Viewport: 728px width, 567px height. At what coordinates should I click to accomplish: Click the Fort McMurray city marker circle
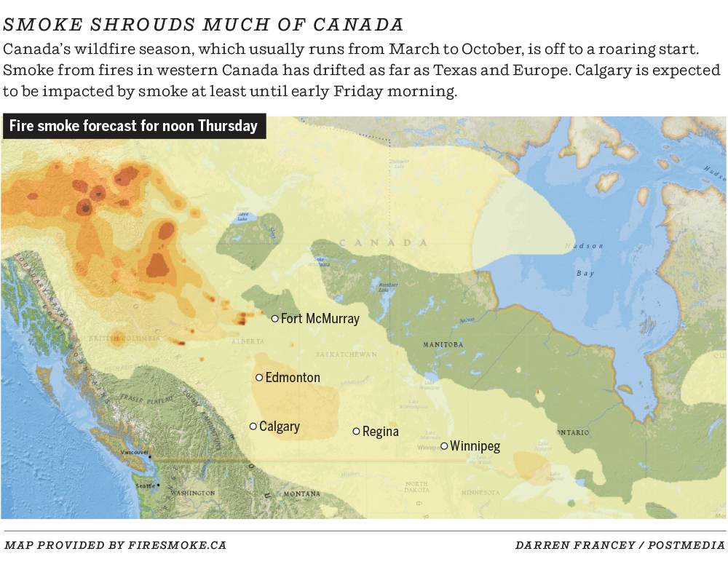coord(274,318)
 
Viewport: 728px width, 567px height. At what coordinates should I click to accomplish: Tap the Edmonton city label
coord(293,378)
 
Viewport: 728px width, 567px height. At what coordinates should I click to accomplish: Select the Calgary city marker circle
coord(253,426)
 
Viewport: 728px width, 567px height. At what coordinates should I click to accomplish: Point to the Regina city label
coord(381,432)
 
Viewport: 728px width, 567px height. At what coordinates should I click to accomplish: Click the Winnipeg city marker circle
coord(444,446)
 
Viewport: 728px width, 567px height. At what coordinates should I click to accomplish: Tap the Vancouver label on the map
coord(135,453)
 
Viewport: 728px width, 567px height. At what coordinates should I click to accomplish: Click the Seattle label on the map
coord(145,485)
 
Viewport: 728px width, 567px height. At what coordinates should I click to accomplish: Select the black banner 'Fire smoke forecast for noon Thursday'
coord(134,126)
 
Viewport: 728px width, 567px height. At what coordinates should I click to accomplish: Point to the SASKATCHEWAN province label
coord(347,354)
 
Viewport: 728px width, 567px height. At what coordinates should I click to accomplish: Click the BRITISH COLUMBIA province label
coord(124,339)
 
